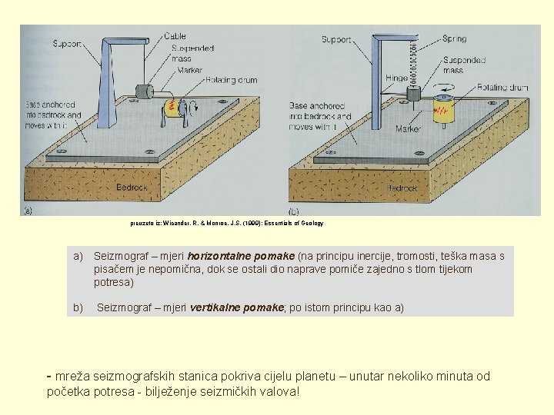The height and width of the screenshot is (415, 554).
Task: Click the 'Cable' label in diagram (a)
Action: tap(175, 35)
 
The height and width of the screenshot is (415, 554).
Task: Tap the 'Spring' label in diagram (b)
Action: tap(454, 38)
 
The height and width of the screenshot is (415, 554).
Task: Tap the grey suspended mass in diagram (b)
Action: tap(414, 92)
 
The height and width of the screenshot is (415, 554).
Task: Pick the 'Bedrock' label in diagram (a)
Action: tap(132, 187)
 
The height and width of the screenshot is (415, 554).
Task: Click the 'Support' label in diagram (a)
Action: tap(67, 45)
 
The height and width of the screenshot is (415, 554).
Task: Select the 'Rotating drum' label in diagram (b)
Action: tap(502, 88)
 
